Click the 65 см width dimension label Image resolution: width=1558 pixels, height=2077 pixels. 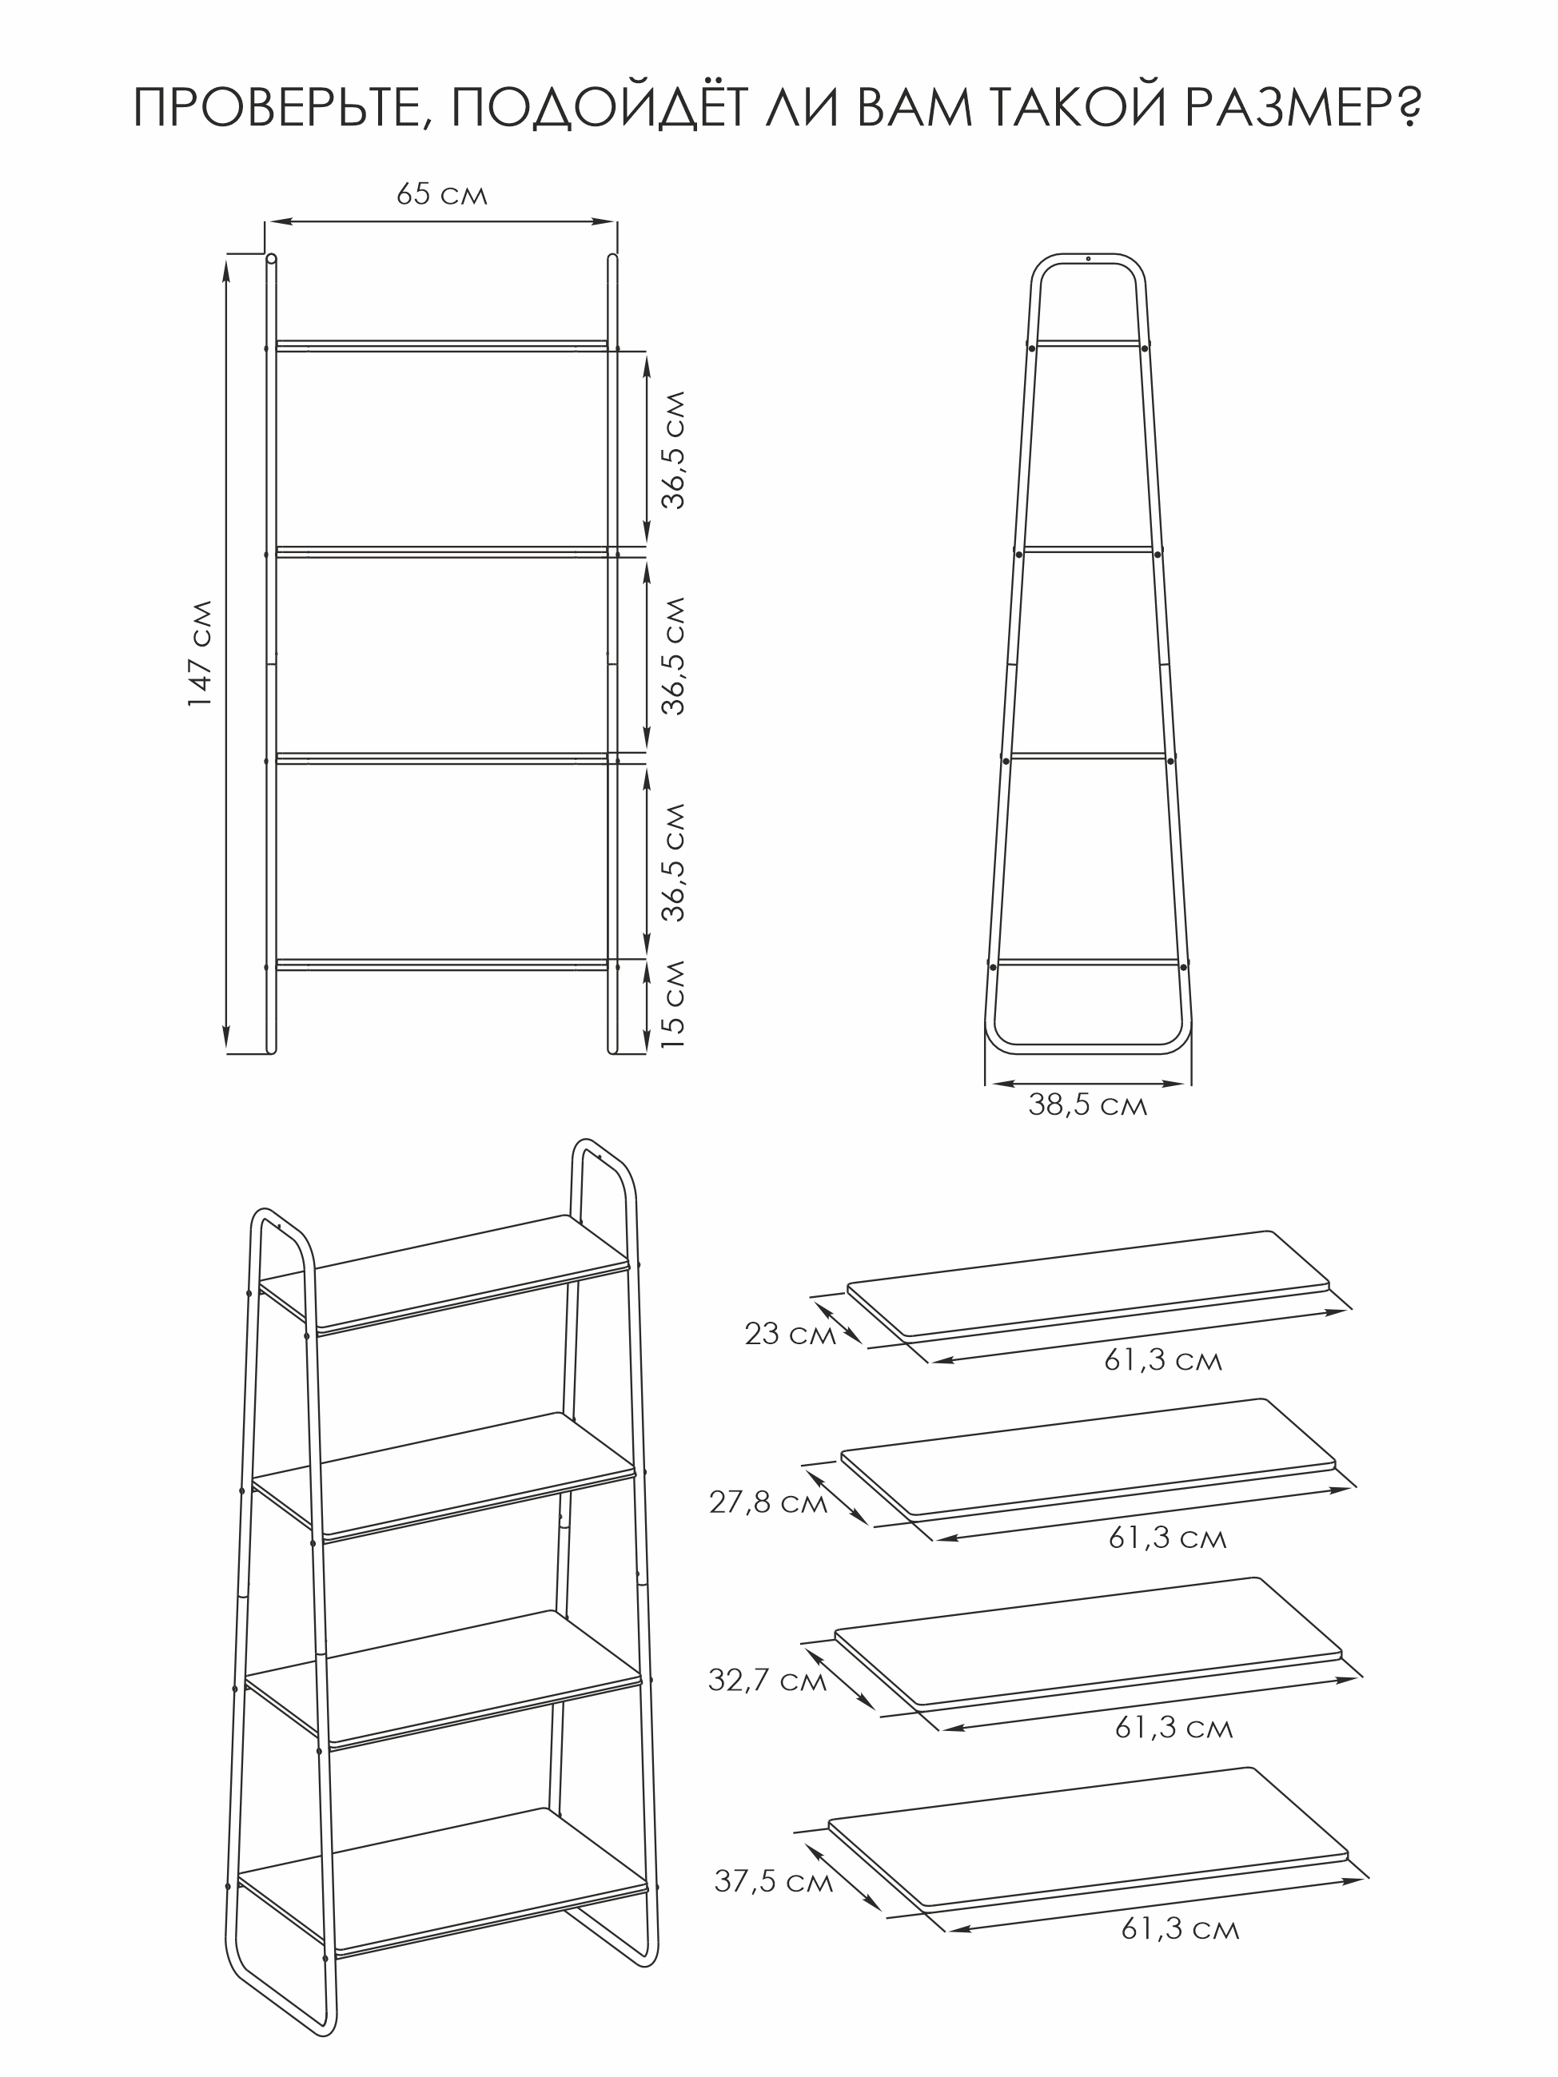point(441,194)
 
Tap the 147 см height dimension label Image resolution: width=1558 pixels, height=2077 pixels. point(200,653)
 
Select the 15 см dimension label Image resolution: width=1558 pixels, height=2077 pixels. point(673,1004)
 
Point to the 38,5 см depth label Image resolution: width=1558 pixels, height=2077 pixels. point(1087,1105)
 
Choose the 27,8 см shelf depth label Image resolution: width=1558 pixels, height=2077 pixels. point(768,1502)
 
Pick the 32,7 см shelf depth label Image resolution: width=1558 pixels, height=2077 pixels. point(767,1680)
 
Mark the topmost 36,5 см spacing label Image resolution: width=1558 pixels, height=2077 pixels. point(673,450)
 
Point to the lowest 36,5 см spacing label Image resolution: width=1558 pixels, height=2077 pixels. point(673,862)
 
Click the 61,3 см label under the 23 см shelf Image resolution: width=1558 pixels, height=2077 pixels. point(1162,1361)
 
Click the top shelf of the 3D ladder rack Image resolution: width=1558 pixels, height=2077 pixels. point(444,1273)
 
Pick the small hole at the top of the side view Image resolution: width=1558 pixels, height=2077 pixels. point(1087,259)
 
